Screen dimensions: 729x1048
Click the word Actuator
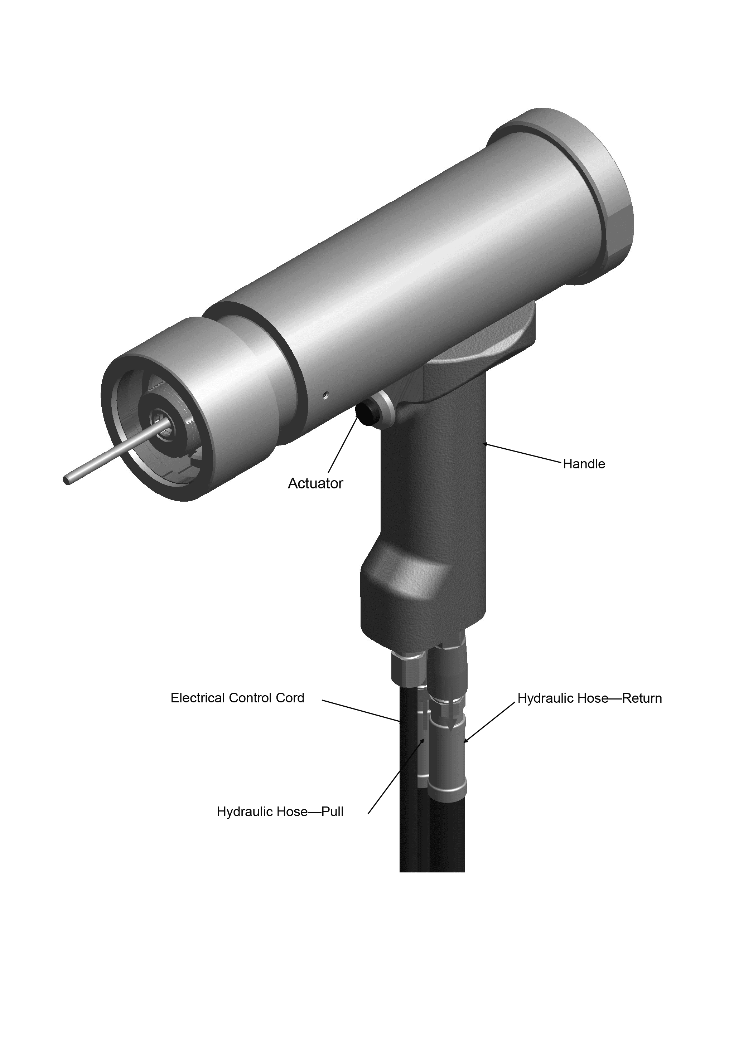(x=315, y=483)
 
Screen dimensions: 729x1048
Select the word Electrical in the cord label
(x=198, y=698)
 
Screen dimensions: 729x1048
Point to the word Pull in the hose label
(x=333, y=811)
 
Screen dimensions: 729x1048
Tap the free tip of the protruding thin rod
(x=67, y=480)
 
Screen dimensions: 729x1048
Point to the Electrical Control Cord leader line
(x=361, y=711)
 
